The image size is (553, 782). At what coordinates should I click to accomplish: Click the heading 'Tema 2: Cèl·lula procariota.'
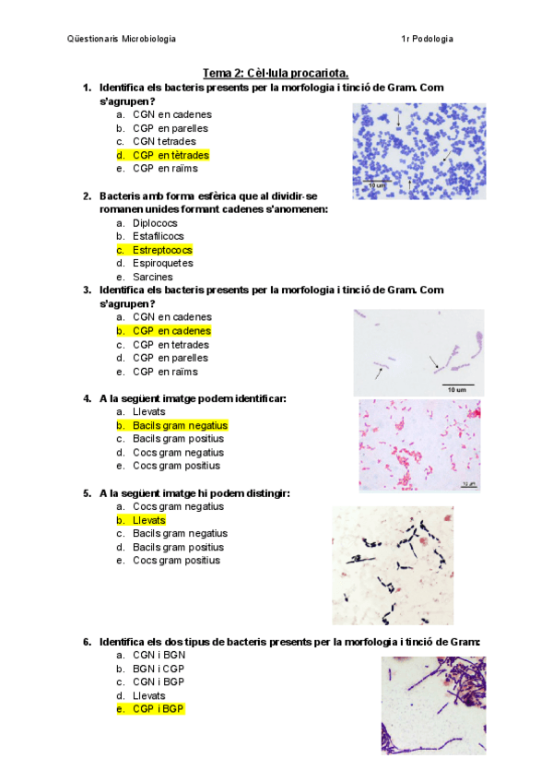click(276, 73)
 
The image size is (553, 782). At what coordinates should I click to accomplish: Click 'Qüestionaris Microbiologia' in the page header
click(122, 39)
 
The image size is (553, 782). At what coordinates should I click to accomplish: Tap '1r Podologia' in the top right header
click(427, 39)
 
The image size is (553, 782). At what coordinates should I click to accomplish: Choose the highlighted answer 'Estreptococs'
click(162, 250)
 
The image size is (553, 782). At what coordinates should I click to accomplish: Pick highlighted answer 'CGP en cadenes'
click(171, 330)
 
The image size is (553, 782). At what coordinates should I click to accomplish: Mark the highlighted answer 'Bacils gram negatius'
click(180, 425)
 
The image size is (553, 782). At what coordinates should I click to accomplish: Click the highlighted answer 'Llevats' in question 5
click(148, 520)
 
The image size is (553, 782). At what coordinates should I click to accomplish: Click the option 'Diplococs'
click(155, 223)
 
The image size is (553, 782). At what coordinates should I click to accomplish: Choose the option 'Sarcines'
click(153, 277)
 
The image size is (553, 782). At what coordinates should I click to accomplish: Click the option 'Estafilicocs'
click(159, 236)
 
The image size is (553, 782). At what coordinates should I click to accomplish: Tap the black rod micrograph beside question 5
click(393, 565)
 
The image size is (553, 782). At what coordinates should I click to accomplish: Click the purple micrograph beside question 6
click(433, 705)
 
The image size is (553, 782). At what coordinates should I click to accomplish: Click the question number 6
click(87, 641)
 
